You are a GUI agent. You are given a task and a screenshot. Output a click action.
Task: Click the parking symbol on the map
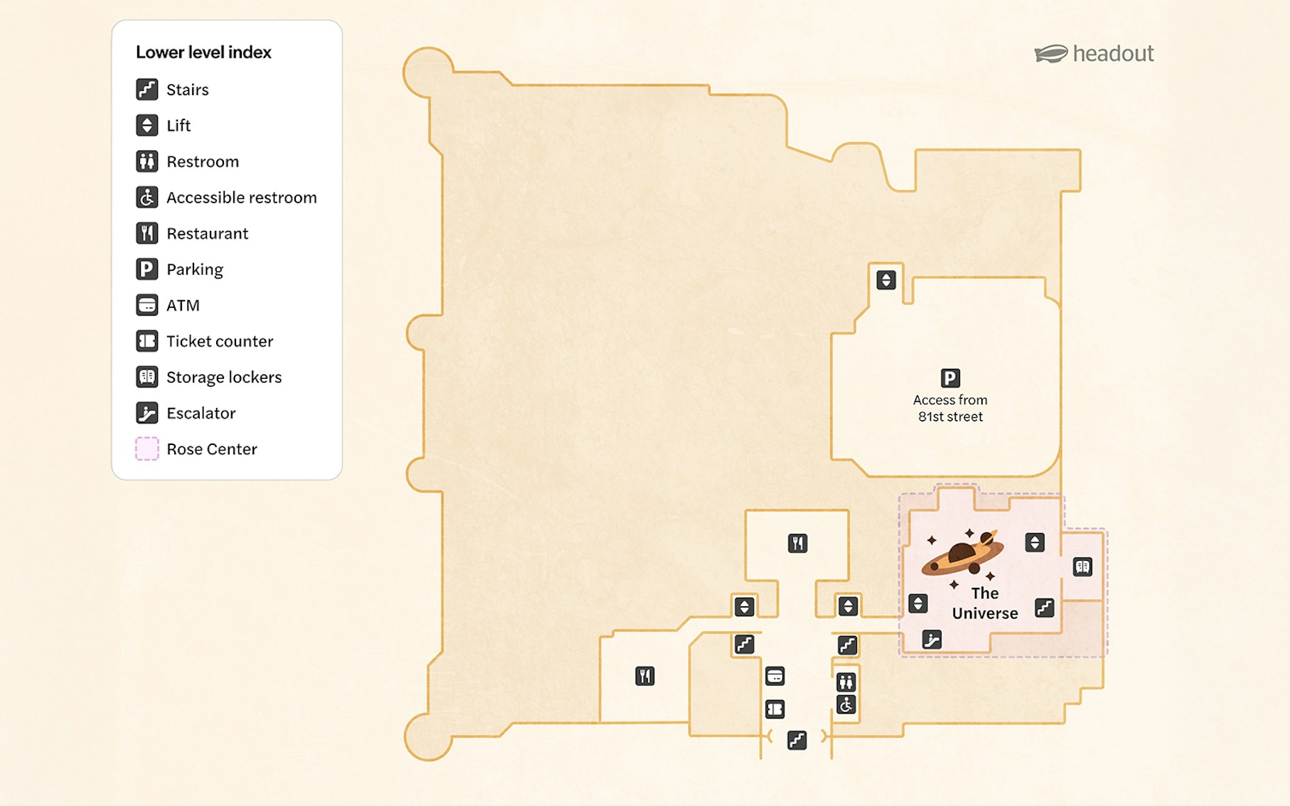pos(950,378)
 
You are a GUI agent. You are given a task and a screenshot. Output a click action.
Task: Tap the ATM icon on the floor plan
pos(774,676)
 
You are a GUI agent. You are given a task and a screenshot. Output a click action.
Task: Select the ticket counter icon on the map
pos(774,709)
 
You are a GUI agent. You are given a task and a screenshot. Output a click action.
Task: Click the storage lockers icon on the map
pos(1082,566)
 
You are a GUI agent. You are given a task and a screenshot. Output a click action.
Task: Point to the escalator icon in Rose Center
pos(932,640)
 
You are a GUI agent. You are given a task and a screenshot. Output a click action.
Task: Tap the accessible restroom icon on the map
pos(846,704)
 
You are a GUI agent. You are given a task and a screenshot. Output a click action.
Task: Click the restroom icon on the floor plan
pos(846,682)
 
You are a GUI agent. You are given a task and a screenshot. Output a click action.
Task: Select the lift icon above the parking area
pos(885,280)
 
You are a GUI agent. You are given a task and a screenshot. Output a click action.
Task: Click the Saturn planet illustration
pos(964,554)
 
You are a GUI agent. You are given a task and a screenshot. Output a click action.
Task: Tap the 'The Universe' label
pos(985,603)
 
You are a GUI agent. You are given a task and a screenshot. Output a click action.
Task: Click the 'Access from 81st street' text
pos(950,409)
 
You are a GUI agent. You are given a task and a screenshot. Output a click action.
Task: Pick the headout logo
pos(1094,54)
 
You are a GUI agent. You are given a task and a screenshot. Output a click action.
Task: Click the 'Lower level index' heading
pos(203,53)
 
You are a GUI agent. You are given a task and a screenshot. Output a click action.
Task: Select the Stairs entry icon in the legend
pos(147,90)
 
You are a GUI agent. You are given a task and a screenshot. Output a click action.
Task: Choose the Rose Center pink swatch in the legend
pos(147,449)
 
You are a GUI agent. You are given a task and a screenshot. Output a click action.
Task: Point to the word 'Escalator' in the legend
pos(201,414)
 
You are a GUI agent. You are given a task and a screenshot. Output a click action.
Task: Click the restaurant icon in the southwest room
pos(644,676)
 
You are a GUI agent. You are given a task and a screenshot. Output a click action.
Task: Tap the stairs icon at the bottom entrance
pos(796,741)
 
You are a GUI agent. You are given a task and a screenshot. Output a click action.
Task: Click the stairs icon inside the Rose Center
pos(1044,608)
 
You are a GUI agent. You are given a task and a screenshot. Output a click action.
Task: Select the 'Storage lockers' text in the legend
pos(224,377)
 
